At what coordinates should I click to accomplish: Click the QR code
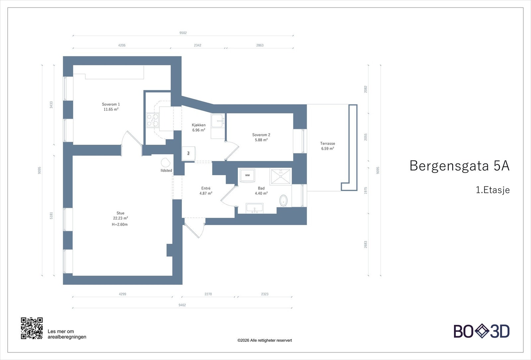point(32,328)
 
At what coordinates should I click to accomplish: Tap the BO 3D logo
point(482,331)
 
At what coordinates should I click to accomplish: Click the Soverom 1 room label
point(111,107)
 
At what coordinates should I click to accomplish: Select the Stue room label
point(120,216)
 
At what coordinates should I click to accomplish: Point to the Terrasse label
point(328,146)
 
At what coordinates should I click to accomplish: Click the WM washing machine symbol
point(247,175)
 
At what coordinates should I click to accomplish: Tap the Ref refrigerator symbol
point(189,153)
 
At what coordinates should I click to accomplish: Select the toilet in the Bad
point(283,200)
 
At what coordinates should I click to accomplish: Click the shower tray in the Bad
point(281,177)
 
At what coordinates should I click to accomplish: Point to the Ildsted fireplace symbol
point(165,163)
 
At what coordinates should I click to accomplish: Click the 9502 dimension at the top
point(183,33)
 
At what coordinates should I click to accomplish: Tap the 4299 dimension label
point(122,294)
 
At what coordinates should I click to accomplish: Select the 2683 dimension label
point(366,245)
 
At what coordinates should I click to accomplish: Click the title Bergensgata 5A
point(459,166)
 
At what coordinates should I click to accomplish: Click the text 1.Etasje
point(493,190)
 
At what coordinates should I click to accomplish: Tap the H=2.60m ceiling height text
point(120,225)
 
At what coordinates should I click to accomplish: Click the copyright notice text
point(265,340)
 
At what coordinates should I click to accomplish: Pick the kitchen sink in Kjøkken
point(218,120)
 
